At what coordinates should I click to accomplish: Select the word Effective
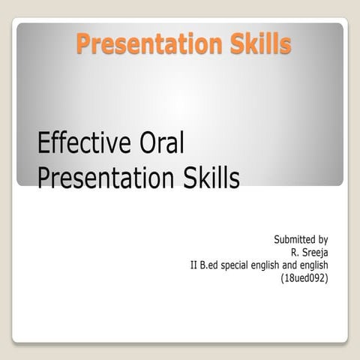[80, 142]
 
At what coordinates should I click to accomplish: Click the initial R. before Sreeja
[295, 253]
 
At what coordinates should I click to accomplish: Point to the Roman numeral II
[196, 265]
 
